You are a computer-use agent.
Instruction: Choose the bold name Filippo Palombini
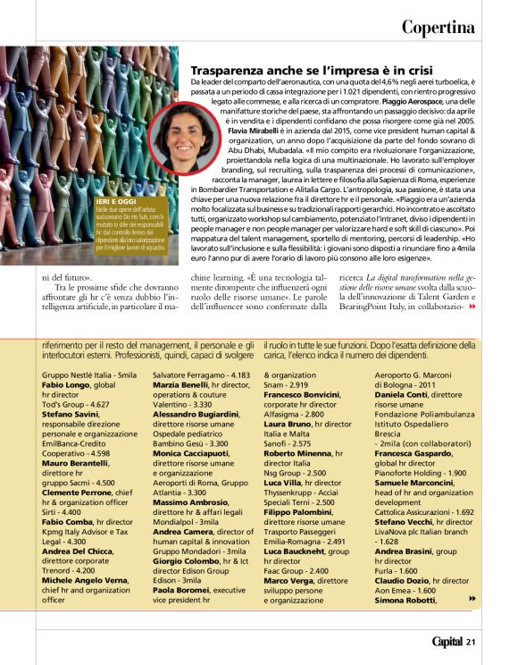coord(303,512)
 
